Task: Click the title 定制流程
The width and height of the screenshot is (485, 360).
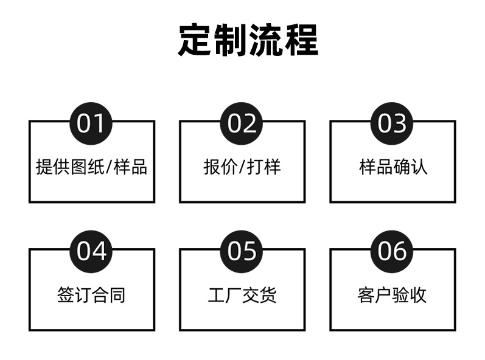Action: (x=248, y=40)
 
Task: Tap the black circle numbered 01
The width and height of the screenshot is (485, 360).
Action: (x=91, y=123)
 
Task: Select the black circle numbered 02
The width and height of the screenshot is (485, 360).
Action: (x=241, y=123)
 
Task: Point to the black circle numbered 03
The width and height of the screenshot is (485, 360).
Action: (x=392, y=123)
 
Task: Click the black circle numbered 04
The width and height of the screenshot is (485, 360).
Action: (x=91, y=252)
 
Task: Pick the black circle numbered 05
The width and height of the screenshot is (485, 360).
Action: (x=241, y=252)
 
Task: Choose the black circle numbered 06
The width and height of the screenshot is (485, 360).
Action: (x=392, y=252)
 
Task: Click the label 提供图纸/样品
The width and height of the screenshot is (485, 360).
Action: (x=91, y=167)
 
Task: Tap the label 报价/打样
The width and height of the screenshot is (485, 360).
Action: (x=242, y=167)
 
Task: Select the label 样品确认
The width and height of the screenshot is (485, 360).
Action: (x=393, y=167)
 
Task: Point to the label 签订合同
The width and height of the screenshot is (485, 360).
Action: (x=91, y=295)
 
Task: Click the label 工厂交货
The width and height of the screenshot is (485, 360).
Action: (x=242, y=295)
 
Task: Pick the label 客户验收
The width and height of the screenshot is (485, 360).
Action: (x=392, y=295)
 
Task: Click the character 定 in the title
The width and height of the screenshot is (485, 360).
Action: (x=195, y=40)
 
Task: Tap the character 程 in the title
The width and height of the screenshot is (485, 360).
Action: (x=301, y=40)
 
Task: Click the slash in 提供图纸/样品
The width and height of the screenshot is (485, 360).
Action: (x=109, y=167)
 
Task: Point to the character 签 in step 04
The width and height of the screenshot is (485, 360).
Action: (x=66, y=295)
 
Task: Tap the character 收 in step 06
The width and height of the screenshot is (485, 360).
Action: (x=418, y=295)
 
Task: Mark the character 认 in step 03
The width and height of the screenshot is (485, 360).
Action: (x=419, y=167)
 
